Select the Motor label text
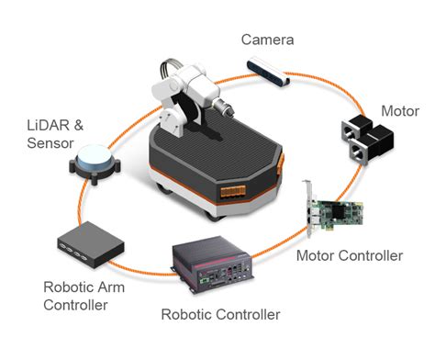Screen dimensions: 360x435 coord(400,111)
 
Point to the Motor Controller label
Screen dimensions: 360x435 coord(349,255)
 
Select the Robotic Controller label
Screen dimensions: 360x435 coord(221,314)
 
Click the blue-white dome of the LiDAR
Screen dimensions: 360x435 coord(94,159)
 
